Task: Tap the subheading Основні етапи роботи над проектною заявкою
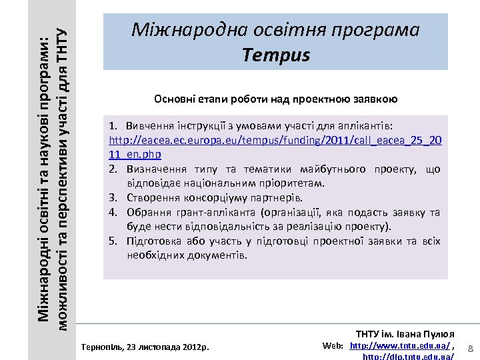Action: tap(275, 99)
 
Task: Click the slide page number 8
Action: tap(470, 349)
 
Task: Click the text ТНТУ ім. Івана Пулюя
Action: tap(405, 333)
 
